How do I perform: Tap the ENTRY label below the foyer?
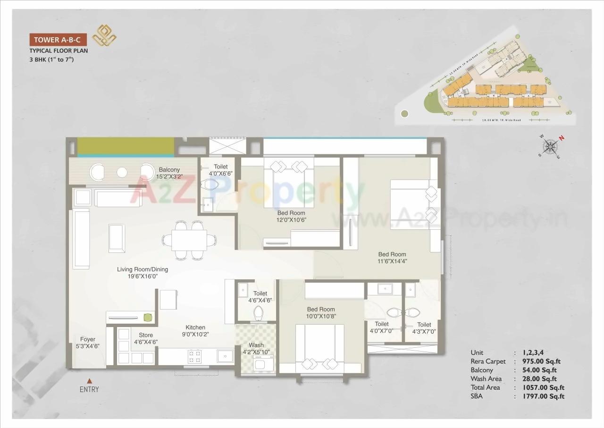point(89,389)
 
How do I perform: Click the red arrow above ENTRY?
point(89,380)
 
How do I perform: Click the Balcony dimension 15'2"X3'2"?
point(168,177)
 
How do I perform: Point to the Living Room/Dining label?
point(142,269)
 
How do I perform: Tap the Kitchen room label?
point(195,327)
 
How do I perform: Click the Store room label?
point(146,336)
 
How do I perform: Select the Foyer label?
point(87,339)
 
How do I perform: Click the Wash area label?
point(256,345)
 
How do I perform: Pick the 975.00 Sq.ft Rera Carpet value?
point(541,361)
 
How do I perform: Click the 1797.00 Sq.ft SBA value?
point(543,396)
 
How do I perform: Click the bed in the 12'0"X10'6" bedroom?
point(289,184)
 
